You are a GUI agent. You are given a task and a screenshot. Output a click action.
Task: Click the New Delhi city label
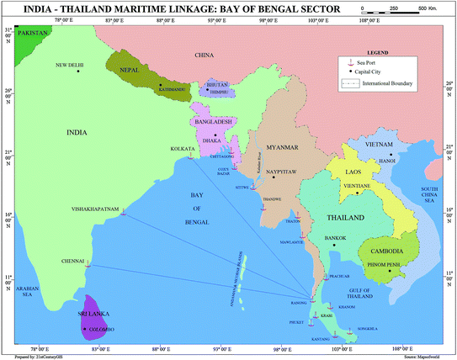(71, 64)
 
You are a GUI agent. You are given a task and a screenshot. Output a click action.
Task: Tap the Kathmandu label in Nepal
(171, 87)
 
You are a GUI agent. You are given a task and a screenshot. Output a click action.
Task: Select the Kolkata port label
(183, 147)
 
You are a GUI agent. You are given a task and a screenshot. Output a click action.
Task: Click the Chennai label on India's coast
(73, 261)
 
